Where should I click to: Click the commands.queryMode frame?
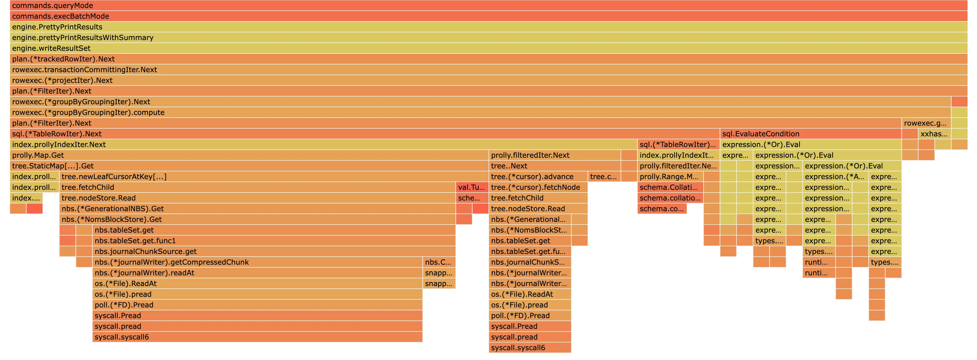[x=488, y=5]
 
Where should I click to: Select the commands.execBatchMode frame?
[x=488, y=16]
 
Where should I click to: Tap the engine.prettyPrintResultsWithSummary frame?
[x=488, y=37]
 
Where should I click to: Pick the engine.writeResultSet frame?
[x=488, y=48]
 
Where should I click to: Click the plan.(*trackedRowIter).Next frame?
[x=488, y=59]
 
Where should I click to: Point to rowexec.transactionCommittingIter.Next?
[x=488, y=70]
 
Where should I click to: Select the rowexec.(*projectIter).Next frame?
[x=488, y=80]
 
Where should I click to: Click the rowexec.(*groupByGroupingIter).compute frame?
[x=480, y=112]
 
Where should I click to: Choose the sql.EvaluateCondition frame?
[x=810, y=134]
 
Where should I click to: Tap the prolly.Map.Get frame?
[x=249, y=155]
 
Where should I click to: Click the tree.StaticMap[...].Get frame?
[x=249, y=166]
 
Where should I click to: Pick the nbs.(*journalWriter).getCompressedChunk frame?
[x=257, y=262]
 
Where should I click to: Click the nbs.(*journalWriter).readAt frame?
[x=257, y=273]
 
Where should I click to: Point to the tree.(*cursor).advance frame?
[x=538, y=176]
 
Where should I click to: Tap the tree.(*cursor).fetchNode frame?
[x=538, y=187]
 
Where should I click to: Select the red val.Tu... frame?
[x=472, y=187]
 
